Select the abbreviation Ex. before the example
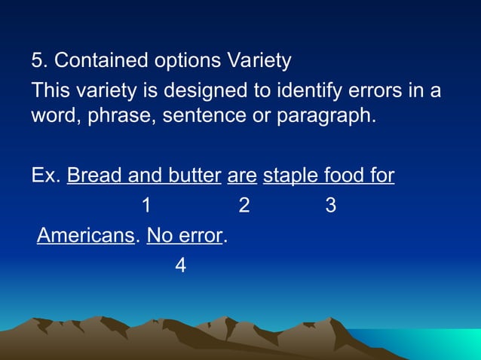tap(46, 176)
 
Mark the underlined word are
tap(242, 176)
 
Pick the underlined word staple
tap(291, 176)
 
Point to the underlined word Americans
tap(85, 236)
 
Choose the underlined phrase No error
tap(185, 236)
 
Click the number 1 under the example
tap(146, 206)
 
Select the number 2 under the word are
tap(244, 206)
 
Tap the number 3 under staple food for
tap(330, 206)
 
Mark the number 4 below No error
tap(179, 265)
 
